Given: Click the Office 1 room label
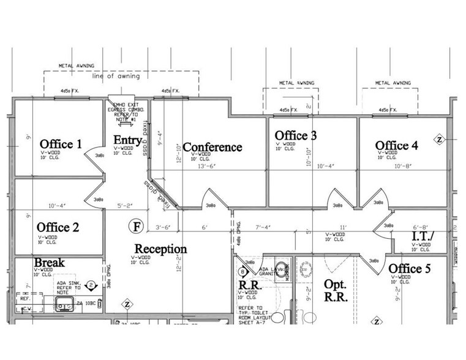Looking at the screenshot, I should pyautogui.click(x=60, y=144).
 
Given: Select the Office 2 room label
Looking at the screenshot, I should pyautogui.click(x=58, y=228).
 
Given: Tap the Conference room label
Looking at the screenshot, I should pyautogui.click(x=212, y=148).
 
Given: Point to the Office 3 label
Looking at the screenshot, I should pyautogui.click(x=295, y=135).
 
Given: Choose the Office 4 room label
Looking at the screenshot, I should pyautogui.click(x=397, y=145).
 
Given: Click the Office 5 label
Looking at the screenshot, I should pyautogui.click(x=414, y=269).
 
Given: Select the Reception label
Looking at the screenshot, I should pyautogui.click(x=160, y=249).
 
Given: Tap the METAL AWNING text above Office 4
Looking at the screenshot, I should pyautogui.click(x=392, y=82).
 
